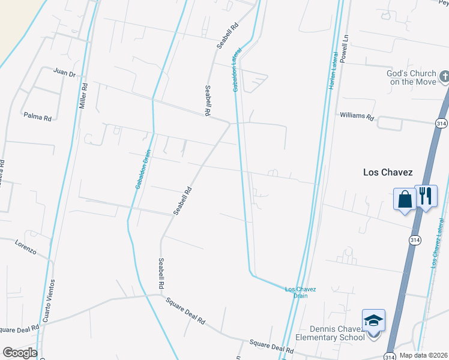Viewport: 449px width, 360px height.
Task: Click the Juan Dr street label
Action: pyautogui.click(x=64, y=74)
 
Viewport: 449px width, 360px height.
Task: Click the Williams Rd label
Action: pyautogui.click(x=357, y=115)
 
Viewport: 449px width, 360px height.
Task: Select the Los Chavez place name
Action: pyautogui.click(x=388, y=172)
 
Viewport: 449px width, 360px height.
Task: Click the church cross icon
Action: pyautogui.click(x=444, y=76)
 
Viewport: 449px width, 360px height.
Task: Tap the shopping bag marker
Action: pyautogui.click(x=405, y=199)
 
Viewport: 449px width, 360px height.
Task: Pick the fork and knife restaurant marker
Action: pyautogui.click(x=426, y=196)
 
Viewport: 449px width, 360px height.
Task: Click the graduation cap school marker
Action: pyautogui.click(x=373, y=321)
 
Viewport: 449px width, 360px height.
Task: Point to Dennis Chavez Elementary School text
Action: pyautogui.click(x=337, y=332)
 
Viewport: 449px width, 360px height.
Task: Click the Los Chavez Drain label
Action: pyautogui.click(x=300, y=292)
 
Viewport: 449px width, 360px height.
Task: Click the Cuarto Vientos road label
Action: pyautogui.click(x=52, y=299)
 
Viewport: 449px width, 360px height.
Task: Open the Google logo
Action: pyautogui.click(x=19, y=353)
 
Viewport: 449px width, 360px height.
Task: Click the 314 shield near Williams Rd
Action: pyautogui.click(x=440, y=122)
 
